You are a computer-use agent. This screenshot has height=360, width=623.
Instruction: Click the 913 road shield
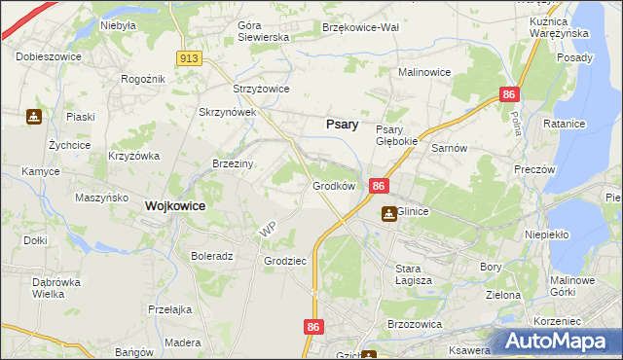190,58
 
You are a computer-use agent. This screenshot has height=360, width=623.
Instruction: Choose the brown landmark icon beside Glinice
388,214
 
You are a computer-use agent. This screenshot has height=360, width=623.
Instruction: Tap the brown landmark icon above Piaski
34,118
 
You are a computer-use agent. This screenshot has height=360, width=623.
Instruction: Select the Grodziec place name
285,261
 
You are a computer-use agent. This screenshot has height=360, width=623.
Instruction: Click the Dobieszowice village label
49,56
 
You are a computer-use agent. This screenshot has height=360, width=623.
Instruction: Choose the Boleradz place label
211,257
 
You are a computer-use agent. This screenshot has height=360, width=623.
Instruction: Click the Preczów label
534,168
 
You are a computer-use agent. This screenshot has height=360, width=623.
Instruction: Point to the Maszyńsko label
102,198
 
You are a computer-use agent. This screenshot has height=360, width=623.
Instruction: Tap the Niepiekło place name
546,234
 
